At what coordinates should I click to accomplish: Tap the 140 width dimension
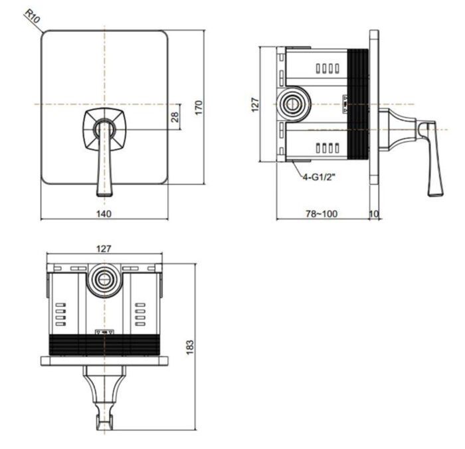(104, 213)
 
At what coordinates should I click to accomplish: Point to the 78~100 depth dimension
(322, 213)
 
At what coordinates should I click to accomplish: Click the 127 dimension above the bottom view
(103, 250)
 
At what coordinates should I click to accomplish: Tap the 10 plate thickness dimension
(374, 213)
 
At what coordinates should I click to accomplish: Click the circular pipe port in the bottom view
(104, 279)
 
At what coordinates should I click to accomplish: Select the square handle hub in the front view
(102, 129)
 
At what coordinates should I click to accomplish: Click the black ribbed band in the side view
(359, 105)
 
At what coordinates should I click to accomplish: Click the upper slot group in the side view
(326, 68)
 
